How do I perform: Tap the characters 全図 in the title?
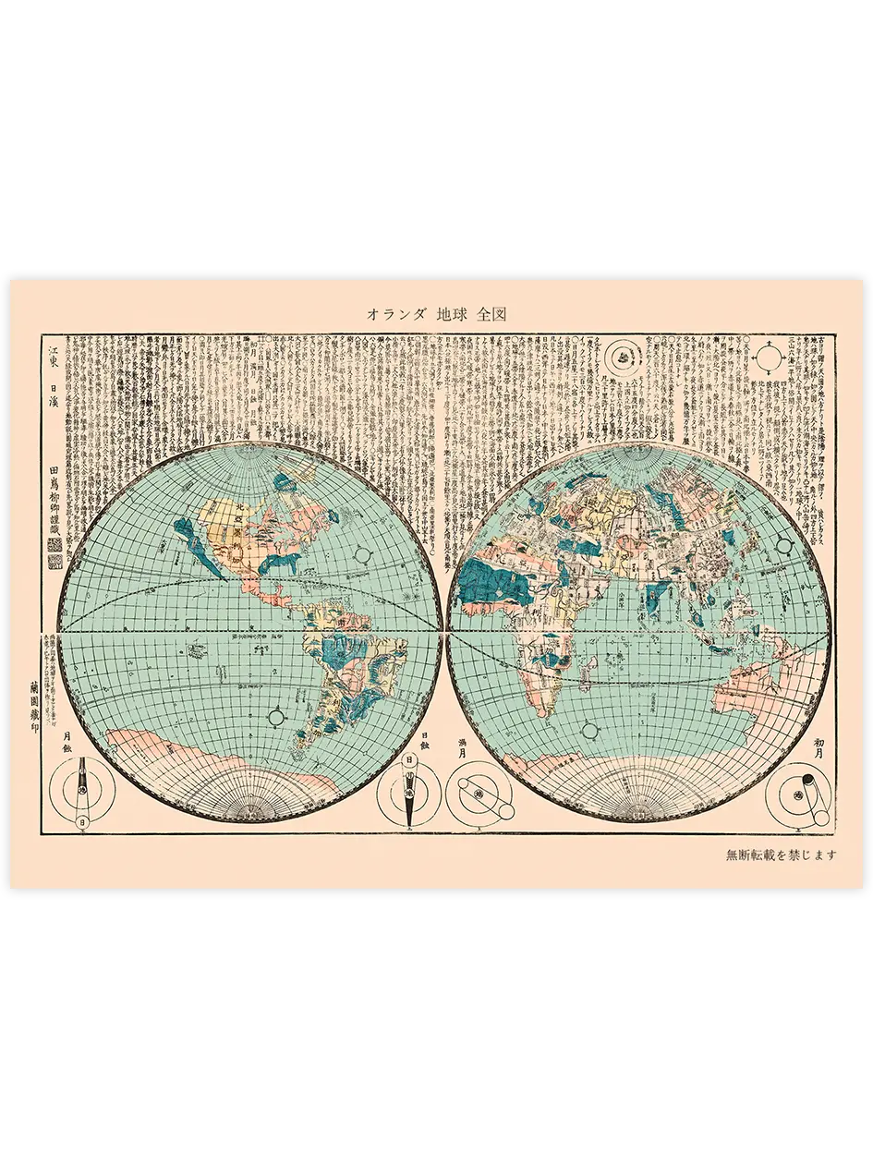[x=492, y=314]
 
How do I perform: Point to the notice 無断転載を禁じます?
[x=782, y=855]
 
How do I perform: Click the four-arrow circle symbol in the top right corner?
[x=768, y=354]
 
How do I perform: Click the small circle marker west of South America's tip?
[x=275, y=716]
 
